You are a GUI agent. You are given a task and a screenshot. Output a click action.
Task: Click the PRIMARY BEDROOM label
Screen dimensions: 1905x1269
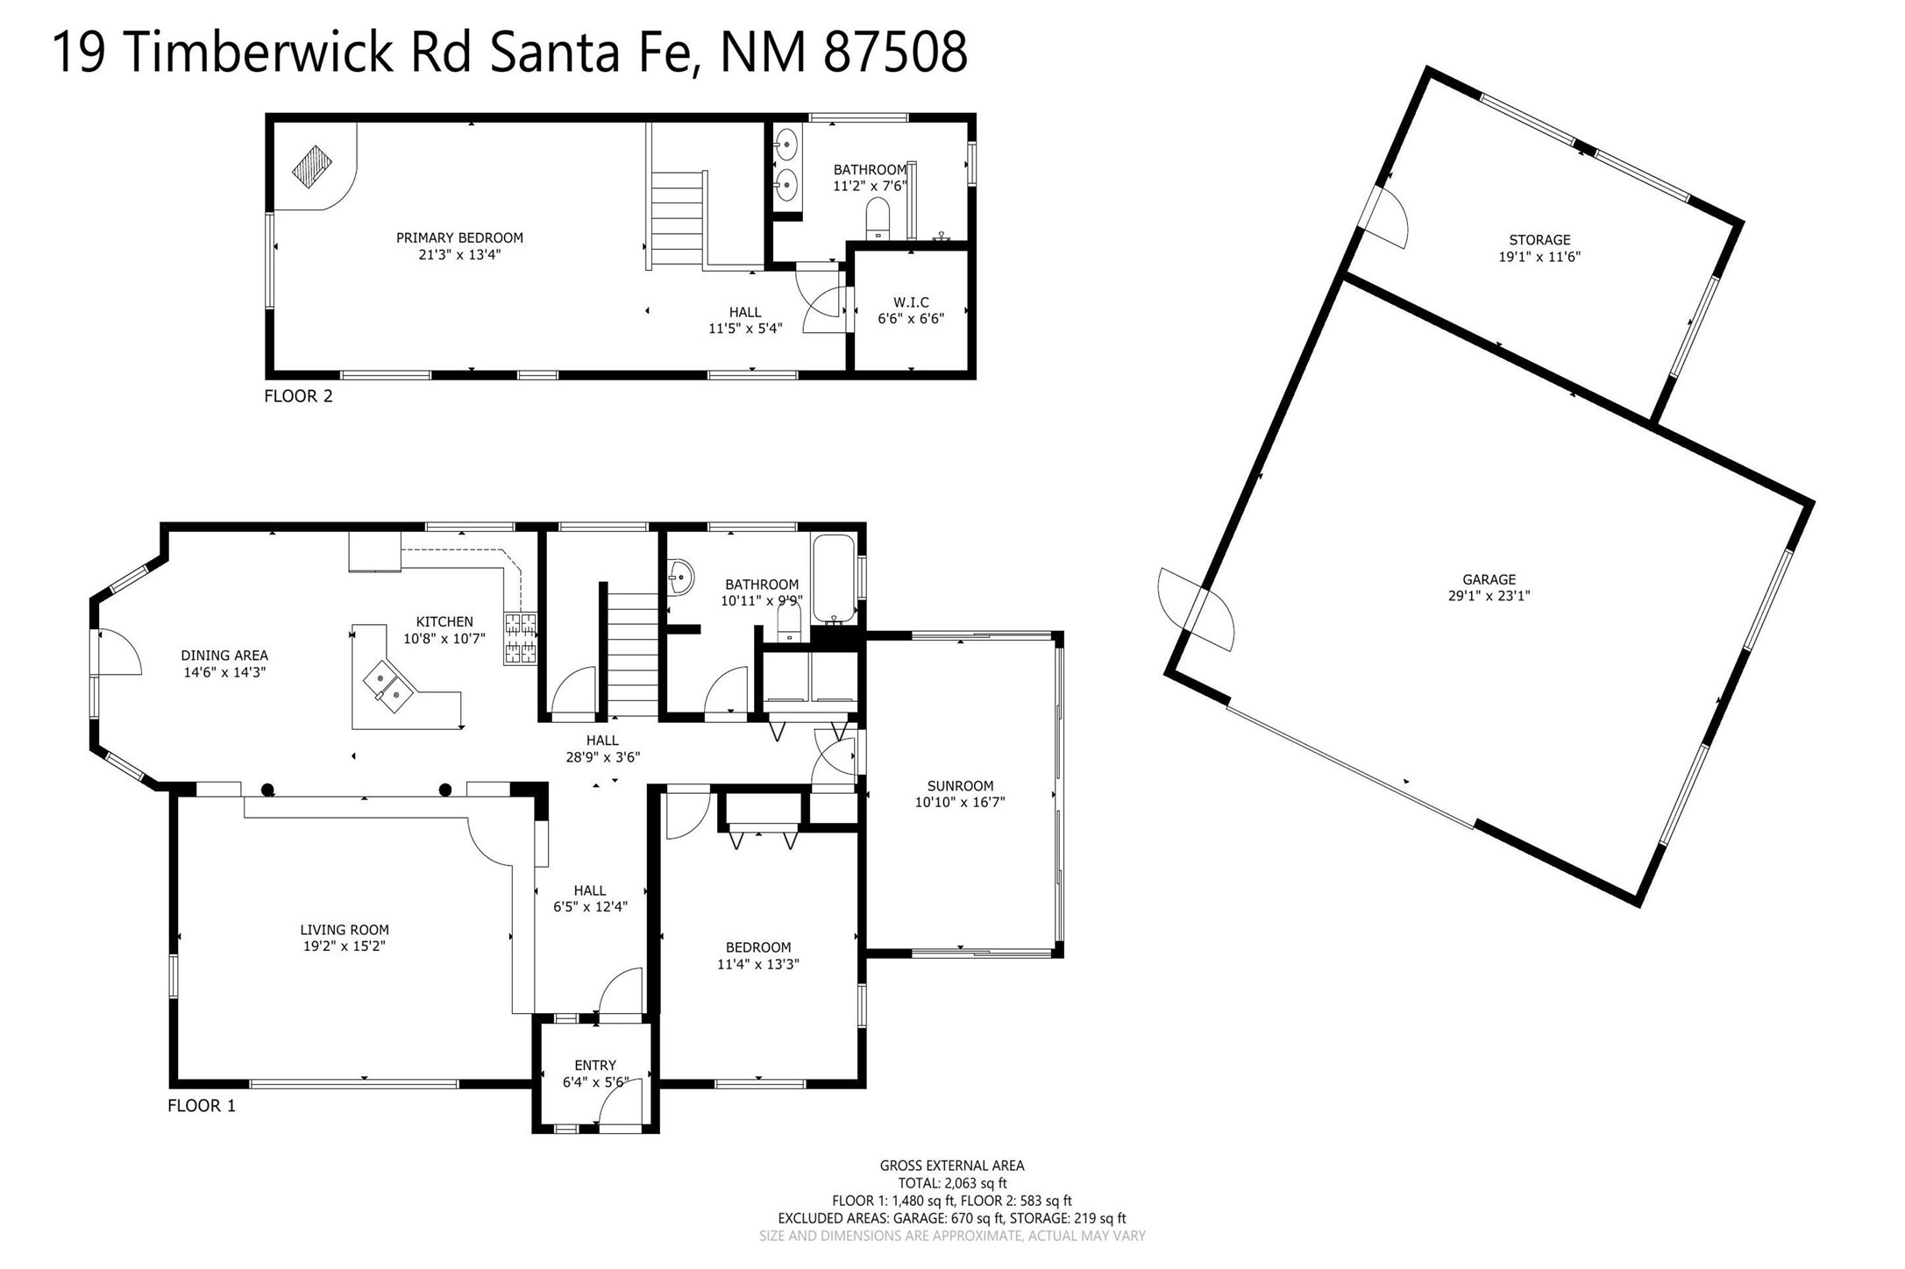pyautogui.click(x=459, y=237)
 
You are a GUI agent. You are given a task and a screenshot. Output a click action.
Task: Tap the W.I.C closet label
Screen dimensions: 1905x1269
pyautogui.click(x=911, y=302)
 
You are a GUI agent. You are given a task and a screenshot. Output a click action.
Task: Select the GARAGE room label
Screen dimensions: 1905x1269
pyautogui.click(x=1489, y=579)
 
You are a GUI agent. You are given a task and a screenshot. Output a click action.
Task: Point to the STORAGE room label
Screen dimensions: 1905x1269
pyautogui.click(x=1539, y=240)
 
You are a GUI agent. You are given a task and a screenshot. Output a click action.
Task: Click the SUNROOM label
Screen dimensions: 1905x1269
pyautogui.click(x=960, y=786)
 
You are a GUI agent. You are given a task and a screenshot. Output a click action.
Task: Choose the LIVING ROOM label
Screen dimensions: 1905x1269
pyautogui.click(x=345, y=930)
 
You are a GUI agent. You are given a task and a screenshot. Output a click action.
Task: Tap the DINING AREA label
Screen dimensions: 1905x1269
pyautogui.click(x=224, y=656)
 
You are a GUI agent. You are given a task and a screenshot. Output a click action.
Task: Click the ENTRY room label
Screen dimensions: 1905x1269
pyautogui.click(x=595, y=1066)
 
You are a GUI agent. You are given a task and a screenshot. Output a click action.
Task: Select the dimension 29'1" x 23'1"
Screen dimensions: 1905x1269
pyautogui.click(x=1489, y=596)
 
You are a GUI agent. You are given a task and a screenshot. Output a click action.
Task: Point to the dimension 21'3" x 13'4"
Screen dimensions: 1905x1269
pyautogui.click(x=459, y=255)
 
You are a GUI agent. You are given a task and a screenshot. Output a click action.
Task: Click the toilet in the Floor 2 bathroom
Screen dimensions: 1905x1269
pyautogui.click(x=878, y=218)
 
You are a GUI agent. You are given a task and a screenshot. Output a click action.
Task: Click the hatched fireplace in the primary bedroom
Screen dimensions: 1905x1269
pyautogui.click(x=312, y=167)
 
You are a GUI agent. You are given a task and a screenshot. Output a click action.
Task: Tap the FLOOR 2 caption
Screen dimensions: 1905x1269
pyautogui.click(x=298, y=396)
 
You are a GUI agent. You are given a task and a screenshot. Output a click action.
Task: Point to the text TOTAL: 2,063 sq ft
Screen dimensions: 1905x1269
pyautogui.click(x=952, y=1183)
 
